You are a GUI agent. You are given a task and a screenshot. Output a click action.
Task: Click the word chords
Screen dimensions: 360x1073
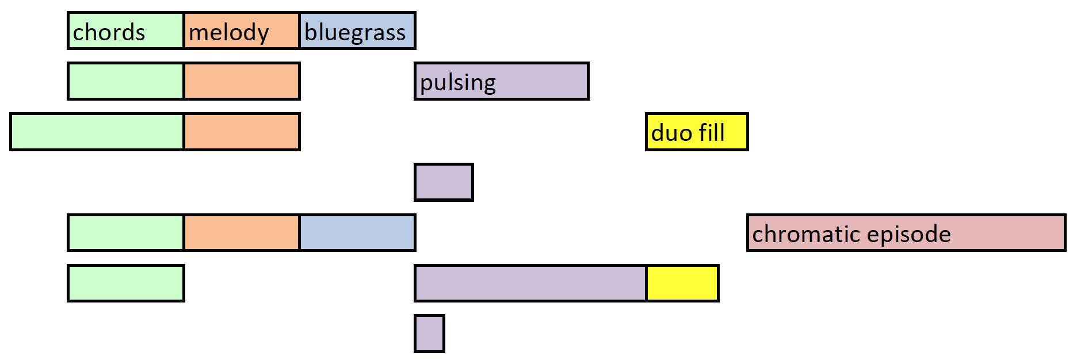click(109, 32)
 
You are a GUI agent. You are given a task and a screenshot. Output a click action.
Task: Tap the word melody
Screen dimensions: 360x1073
click(228, 33)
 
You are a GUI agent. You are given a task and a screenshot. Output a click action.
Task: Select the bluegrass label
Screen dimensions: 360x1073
click(355, 33)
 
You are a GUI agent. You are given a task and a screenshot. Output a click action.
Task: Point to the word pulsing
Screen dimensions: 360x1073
click(457, 83)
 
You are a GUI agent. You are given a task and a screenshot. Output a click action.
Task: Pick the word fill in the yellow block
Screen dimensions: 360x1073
click(712, 133)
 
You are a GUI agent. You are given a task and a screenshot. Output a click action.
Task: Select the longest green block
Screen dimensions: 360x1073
click(97, 132)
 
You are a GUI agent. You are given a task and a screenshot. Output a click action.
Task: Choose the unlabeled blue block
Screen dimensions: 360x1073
click(357, 233)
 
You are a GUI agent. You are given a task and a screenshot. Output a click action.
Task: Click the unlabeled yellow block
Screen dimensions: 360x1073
click(682, 283)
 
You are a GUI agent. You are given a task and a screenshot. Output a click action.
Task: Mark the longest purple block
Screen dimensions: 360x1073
click(530, 283)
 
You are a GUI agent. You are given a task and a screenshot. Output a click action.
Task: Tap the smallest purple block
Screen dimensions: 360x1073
click(429, 334)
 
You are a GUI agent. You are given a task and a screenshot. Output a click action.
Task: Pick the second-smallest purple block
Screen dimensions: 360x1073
click(444, 182)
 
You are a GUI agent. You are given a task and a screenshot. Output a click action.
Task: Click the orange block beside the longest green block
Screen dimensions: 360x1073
click(242, 132)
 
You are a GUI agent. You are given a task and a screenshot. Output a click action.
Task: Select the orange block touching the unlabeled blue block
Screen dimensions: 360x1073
click(242, 233)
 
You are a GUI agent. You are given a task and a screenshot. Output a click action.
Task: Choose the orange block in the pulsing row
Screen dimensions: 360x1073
click(242, 81)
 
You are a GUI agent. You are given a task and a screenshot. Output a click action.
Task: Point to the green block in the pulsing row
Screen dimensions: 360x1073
click(125, 81)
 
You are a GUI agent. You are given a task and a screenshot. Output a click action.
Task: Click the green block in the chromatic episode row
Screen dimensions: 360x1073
click(125, 233)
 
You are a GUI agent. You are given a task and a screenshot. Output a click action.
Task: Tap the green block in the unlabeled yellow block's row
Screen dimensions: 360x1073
click(125, 283)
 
